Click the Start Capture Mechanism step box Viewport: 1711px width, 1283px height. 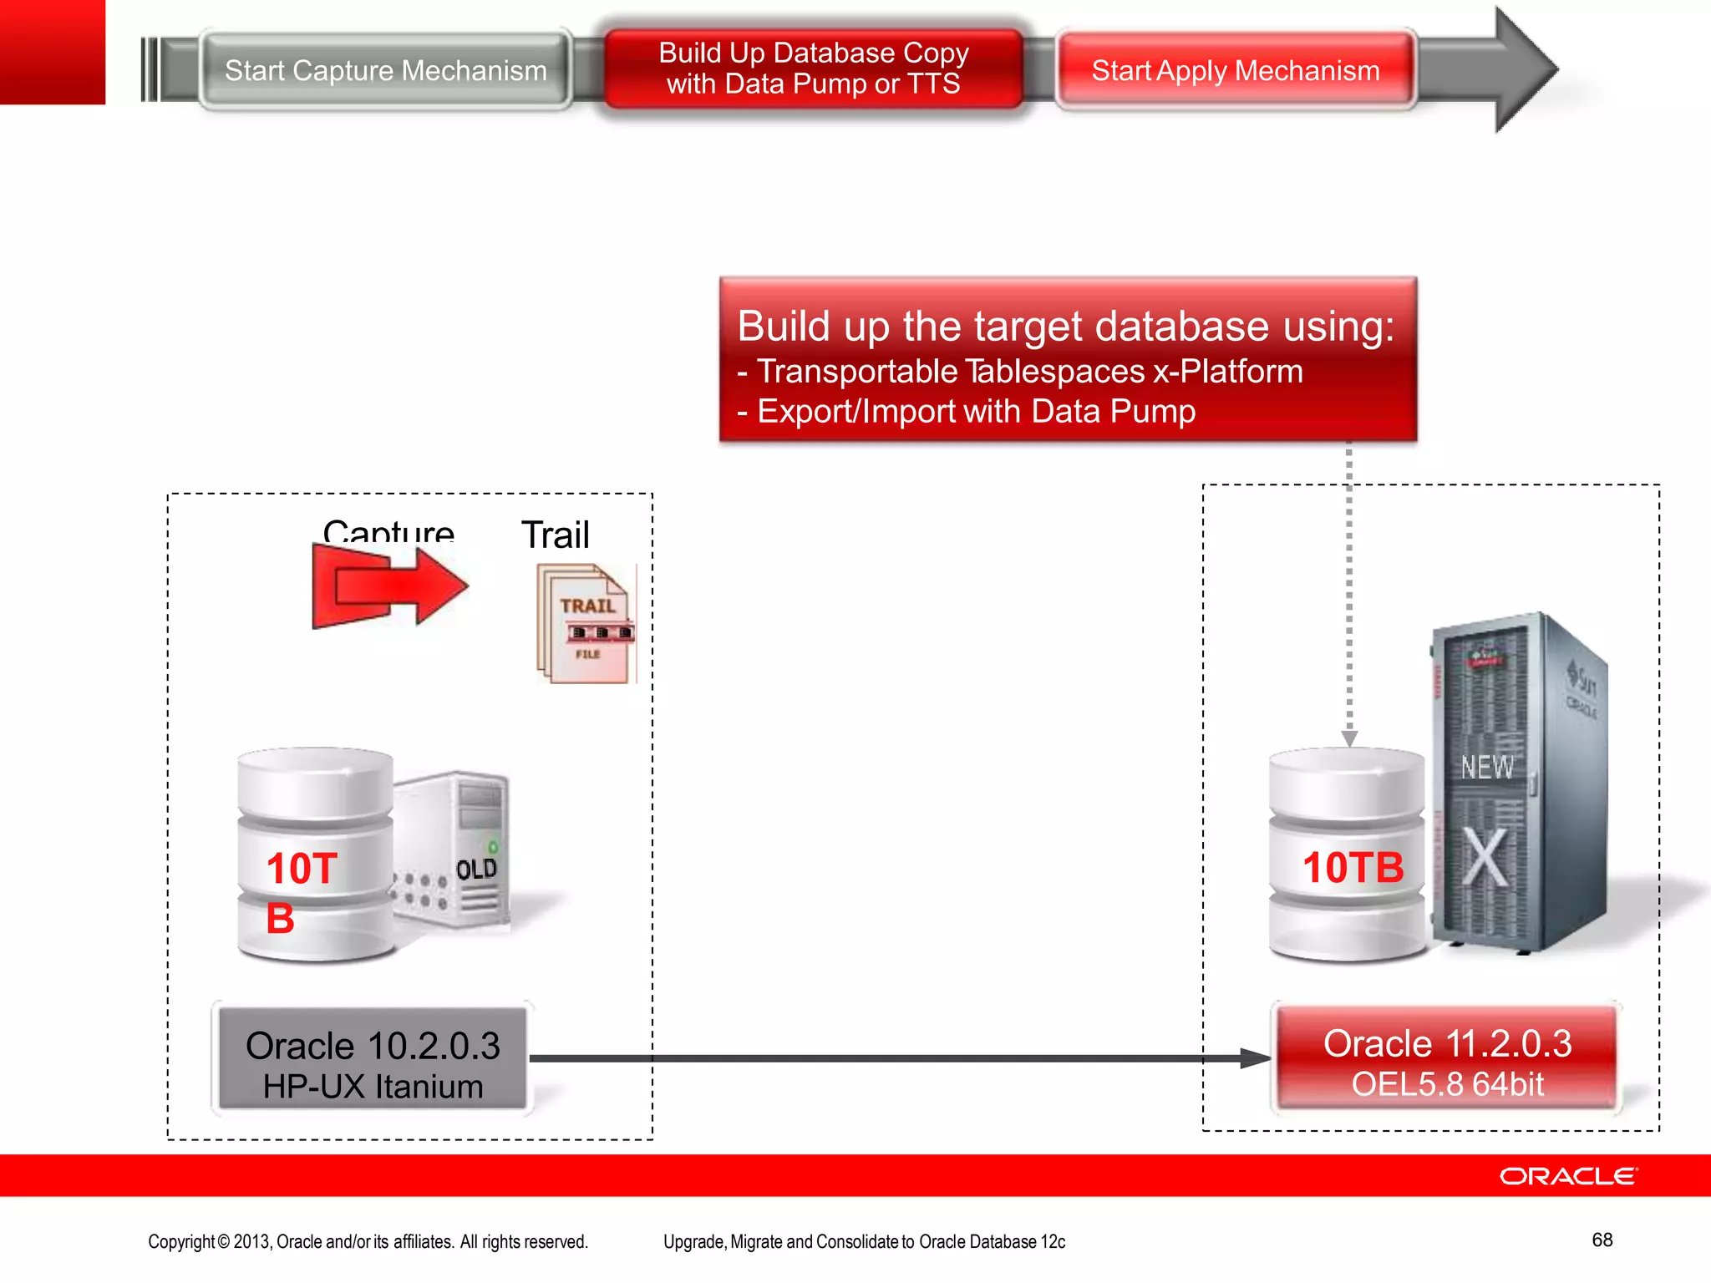[x=385, y=71]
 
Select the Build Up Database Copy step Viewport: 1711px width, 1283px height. [x=813, y=68]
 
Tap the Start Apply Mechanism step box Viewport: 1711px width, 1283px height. [x=1235, y=71]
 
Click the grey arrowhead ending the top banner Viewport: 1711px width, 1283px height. [x=1525, y=68]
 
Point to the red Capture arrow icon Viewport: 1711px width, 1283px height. [x=389, y=586]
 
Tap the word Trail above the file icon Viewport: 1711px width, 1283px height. [x=555, y=535]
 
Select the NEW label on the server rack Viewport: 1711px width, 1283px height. [x=1486, y=767]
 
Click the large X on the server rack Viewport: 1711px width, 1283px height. [x=1485, y=859]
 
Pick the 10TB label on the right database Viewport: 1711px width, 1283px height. [x=1353, y=867]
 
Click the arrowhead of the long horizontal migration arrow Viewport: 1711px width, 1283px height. [x=1256, y=1059]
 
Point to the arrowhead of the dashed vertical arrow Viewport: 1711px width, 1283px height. [x=1349, y=738]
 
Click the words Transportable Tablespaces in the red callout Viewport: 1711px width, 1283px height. [x=951, y=371]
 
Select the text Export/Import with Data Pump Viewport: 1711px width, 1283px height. [x=976, y=412]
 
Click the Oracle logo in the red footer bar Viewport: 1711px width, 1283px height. [x=1568, y=1176]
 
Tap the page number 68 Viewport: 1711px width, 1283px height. [x=1602, y=1240]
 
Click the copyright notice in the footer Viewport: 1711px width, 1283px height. [x=368, y=1242]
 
